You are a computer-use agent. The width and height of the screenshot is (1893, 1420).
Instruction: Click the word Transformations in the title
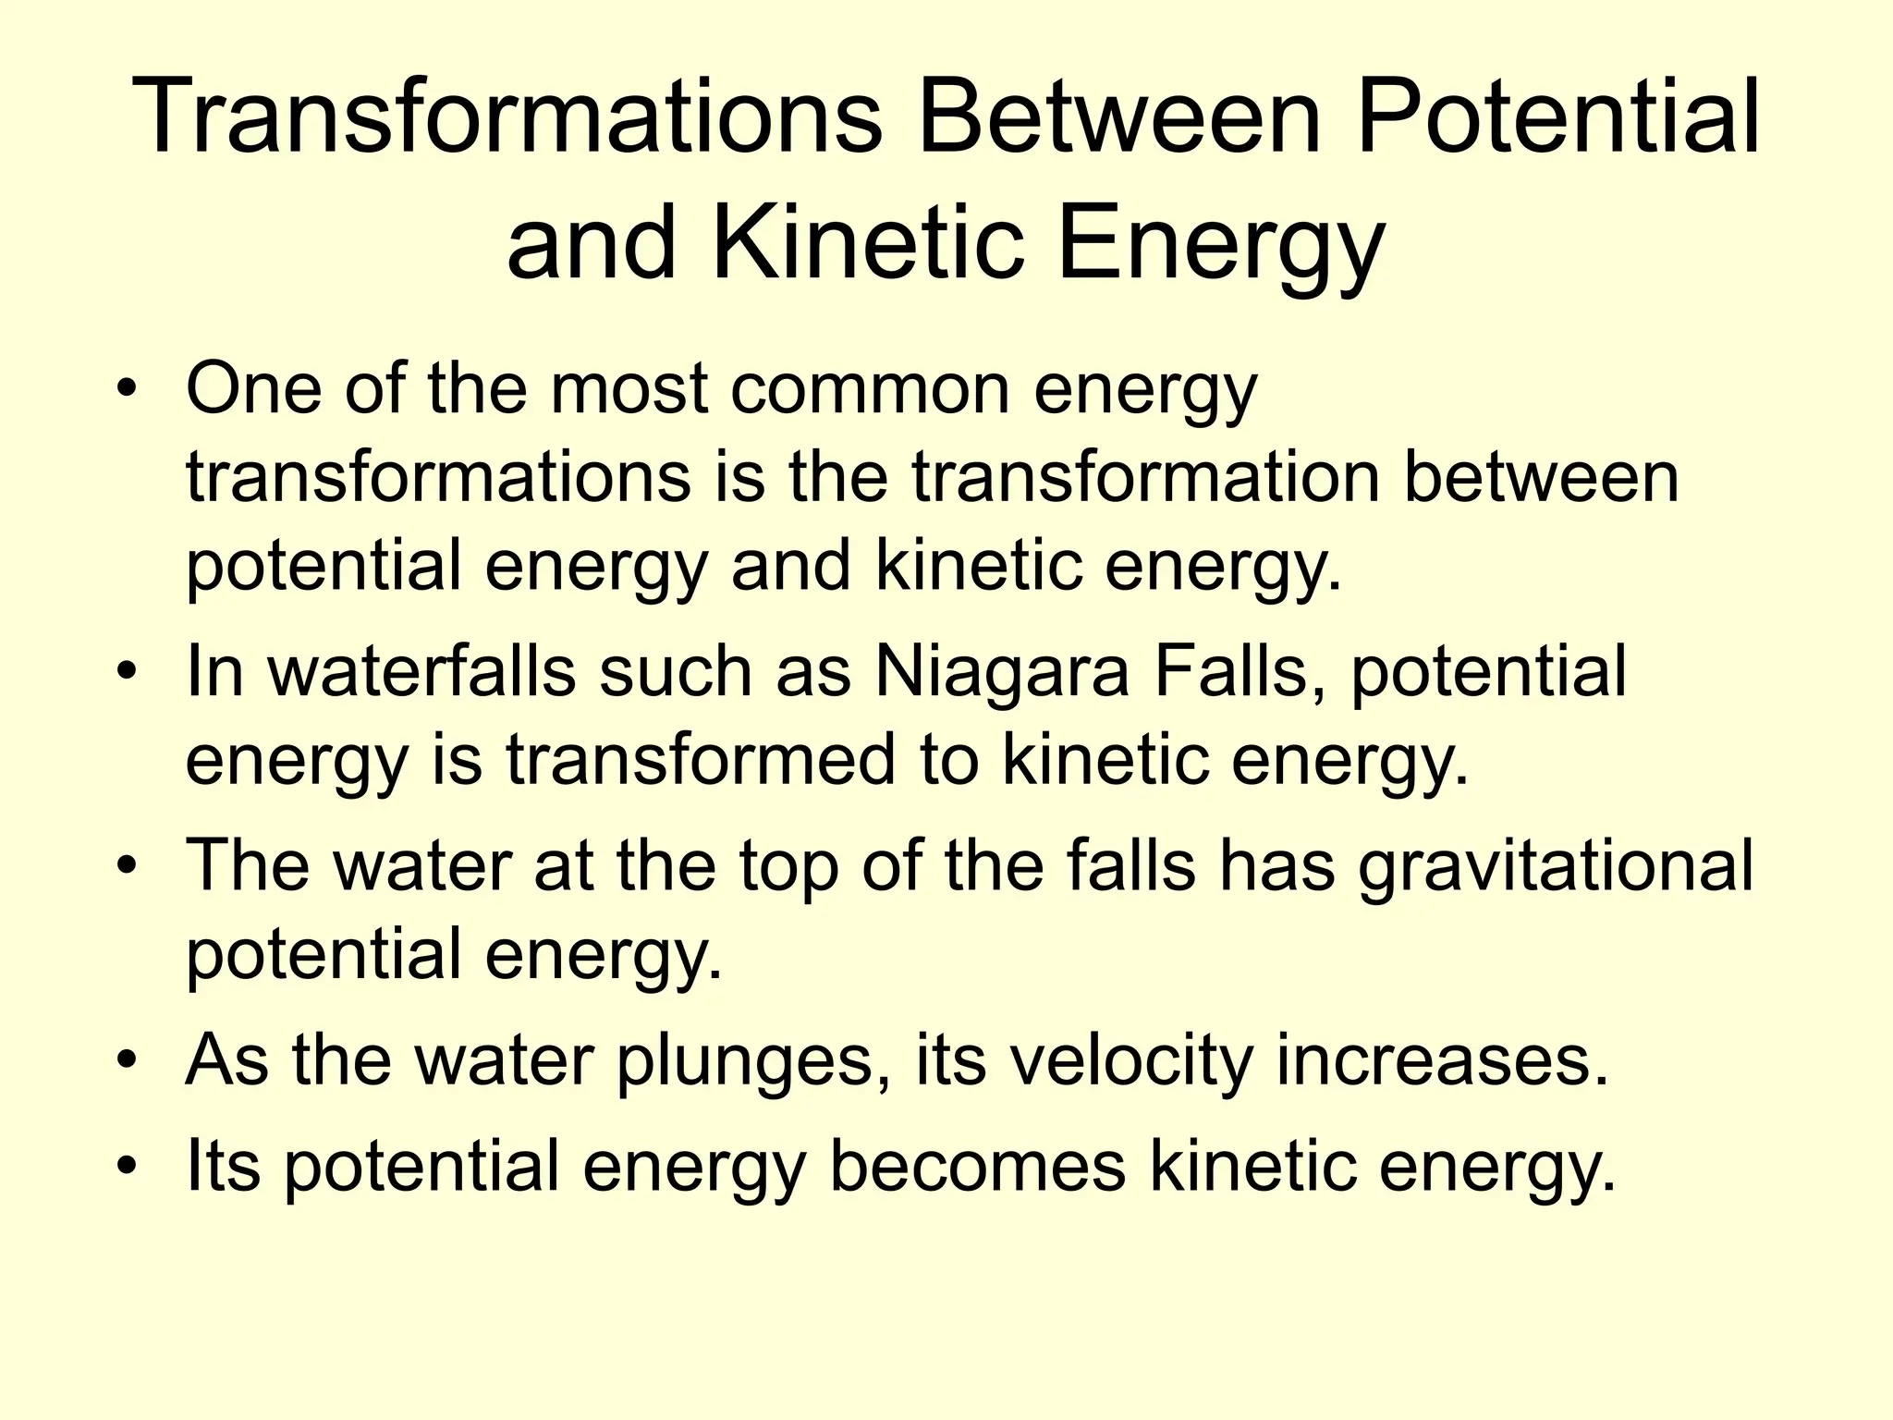pos(507,117)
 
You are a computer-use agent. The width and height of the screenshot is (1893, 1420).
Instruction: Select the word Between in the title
pos(1117,117)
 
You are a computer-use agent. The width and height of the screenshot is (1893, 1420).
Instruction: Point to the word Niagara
pos(1001,672)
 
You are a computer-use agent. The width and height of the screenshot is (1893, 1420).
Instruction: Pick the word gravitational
pos(1556,866)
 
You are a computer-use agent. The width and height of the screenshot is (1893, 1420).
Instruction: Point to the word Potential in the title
pos(1558,117)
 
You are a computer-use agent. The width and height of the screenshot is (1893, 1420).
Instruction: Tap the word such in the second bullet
pos(675,672)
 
